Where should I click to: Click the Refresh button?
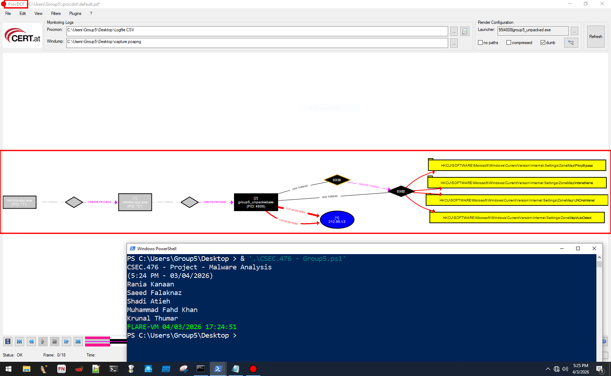(x=595, y=37)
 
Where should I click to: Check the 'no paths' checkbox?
(x=480, y=43)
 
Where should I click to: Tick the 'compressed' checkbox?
(x=509, y=43)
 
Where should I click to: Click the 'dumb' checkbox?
(x=543, y=43)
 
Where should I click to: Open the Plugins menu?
(x=75, y=14)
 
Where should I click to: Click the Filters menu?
(x=56, y=14)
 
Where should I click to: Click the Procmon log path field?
(x=257, y=31)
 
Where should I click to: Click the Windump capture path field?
(x=257, y=43)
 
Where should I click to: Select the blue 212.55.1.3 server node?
(x=337, y=220)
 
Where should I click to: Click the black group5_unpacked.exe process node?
(x=256, y=202)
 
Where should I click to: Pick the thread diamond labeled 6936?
(x=337, y=180)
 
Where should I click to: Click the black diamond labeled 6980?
(x=401, y=192)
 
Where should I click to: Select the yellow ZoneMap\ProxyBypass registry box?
(x=517, y=166)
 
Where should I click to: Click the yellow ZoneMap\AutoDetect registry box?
(x=517, y=218)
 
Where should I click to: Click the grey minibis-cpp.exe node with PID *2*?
(x=135, y=202)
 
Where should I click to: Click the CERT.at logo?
(x=22, y=36)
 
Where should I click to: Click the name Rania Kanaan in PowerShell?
(x=150, y=284)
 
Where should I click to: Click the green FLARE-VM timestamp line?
(x=182, y=327)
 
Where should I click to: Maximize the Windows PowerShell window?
(x=578, y=248)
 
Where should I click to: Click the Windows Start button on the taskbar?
(x=8, y=369)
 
